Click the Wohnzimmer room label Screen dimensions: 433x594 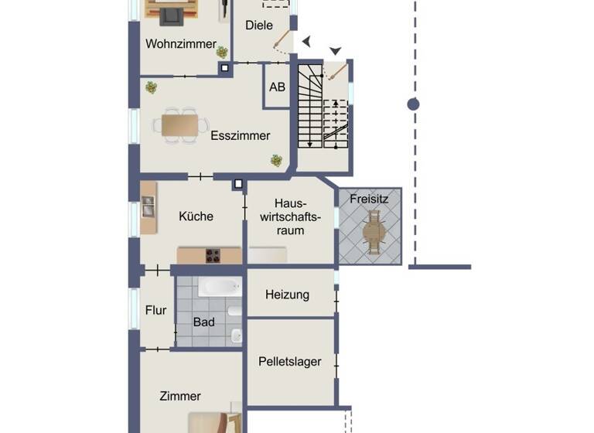click(181, 44)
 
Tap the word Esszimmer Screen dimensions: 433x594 click(241, 136)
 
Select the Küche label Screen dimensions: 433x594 click(196, 216)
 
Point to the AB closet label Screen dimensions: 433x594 click(277, 87)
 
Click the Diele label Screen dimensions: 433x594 click(259, 26)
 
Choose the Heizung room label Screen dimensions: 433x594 click(287, 295)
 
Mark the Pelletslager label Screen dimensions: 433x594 click(290, 361)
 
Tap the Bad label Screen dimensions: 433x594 click(204, 322)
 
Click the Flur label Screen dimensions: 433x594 click(156, 311)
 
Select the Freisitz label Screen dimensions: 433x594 click(369, 199)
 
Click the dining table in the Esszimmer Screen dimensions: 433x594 click(179, 124)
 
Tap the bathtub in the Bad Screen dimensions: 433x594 click(220, 288)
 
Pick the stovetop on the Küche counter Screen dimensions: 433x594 click(212, 255)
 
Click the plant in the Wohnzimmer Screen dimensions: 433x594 click(223, 52)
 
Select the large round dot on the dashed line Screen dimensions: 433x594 click(414, 104)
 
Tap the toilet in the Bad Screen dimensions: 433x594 click(237, 336)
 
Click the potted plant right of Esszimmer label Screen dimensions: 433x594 click(276, 161)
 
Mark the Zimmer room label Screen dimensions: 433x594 click(180, 397)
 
